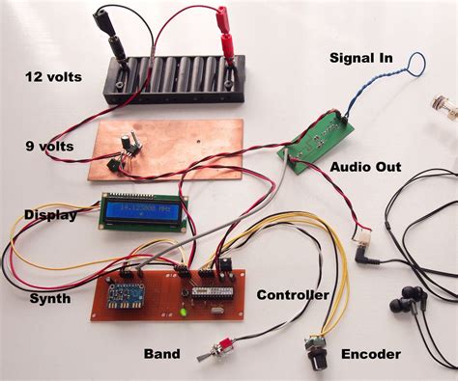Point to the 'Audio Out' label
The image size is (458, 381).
[365, 167]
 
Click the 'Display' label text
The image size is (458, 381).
[49, 214]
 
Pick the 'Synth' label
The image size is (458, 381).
[50, 298]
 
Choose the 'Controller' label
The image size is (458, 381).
[293, 294]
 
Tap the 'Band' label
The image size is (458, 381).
[161, 354]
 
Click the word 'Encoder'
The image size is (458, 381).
[370, 354]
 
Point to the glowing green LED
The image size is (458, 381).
[184, 312]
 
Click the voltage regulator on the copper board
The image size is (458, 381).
[127, 145]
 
